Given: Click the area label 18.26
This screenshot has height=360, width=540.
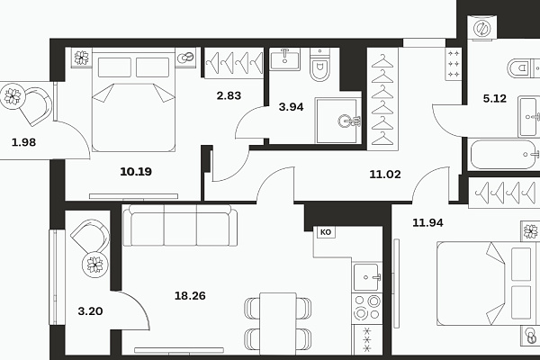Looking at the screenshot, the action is [x=190, y=295].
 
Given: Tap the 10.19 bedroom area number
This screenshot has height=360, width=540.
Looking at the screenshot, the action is [x=136, y=171].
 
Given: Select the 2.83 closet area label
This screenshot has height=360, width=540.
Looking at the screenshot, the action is [x=229, y=95].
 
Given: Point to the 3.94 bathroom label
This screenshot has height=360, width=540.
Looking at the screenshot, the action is [x=291, y=107].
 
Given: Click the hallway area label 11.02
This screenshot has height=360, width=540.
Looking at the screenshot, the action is [x=385, y=174].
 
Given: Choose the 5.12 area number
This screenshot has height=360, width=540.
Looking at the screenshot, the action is [x=494, y=98].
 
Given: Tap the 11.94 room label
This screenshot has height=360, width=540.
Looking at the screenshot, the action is [x=427, y=222].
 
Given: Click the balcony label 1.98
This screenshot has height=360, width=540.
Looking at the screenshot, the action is [x=23, y=142].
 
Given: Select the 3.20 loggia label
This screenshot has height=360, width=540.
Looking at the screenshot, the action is [x=90, y=311].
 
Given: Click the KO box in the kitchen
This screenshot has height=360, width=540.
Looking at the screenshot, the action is [x=326, y=232].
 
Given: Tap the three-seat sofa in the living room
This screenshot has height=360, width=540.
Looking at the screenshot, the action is [x=180, y=225].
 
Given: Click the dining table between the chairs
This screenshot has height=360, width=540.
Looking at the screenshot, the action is [x=278, y=323].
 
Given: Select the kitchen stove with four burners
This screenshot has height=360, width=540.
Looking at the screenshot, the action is [x=367, y=309].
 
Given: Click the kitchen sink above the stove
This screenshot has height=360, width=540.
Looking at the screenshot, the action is [x=367, y=277].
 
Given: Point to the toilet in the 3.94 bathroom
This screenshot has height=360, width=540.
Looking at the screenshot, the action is [x=319, y=65].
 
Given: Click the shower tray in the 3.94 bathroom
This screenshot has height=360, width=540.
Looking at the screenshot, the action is [x=337, y=121].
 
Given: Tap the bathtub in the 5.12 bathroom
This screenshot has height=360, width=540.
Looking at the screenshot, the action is [x=503, y=154].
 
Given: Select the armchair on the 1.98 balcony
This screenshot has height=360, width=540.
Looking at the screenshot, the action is [x=35, y=106].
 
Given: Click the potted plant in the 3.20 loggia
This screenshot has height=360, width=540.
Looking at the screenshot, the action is [x=94, y=265].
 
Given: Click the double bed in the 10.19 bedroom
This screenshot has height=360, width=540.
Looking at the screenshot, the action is [x=133, y=102].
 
